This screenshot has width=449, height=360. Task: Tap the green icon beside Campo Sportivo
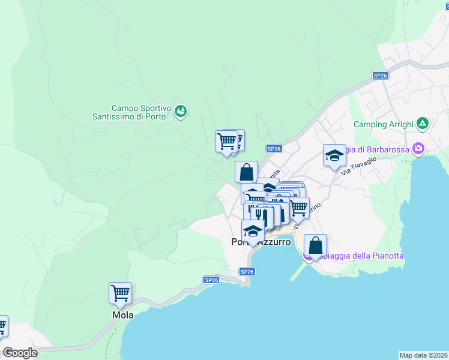(181, 111)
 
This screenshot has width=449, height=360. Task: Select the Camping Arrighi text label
(383, 124)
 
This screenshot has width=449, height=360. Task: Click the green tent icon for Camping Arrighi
(423, 124)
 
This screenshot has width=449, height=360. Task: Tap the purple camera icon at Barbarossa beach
(418, 149)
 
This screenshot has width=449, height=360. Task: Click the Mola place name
(122, 315)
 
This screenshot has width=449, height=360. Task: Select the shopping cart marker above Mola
(120, 294)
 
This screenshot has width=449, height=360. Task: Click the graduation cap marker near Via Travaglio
(334, 156)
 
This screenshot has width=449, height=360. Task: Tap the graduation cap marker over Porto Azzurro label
(253, 232)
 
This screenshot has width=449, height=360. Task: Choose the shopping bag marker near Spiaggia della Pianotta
(315, 245)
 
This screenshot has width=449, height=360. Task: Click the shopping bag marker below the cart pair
(246, 172)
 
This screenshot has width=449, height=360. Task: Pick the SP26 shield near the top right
(380, 75)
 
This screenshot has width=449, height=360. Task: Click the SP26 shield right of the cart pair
(274, 148)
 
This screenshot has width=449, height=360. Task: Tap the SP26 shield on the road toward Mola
(211, 280)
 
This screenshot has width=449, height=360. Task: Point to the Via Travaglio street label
(358, 166)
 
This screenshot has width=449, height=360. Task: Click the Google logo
(20, 353)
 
